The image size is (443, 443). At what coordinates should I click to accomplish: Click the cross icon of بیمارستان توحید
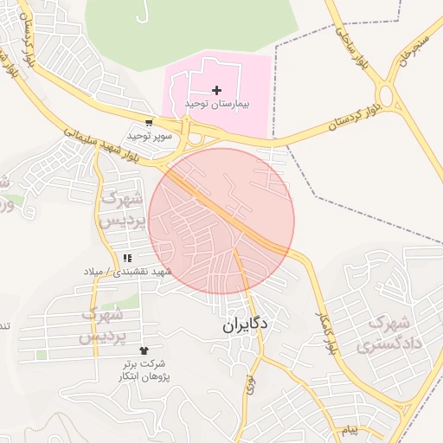click(216, 90)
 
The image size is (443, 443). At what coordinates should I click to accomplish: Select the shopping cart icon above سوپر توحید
click(150, 124)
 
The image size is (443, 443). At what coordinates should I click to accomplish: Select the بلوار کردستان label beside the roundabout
click(354, 118)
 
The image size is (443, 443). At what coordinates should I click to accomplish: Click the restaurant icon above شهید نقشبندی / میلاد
click(128, 258)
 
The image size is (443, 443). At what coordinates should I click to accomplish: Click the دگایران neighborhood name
click(246, 326)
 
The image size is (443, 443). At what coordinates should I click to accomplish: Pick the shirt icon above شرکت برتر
click(143, 350)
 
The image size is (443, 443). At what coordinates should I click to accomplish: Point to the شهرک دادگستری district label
click(386, 334)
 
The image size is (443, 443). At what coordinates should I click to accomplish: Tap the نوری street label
click(251, 382)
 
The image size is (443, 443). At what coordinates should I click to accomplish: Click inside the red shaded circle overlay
click(221, 221)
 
